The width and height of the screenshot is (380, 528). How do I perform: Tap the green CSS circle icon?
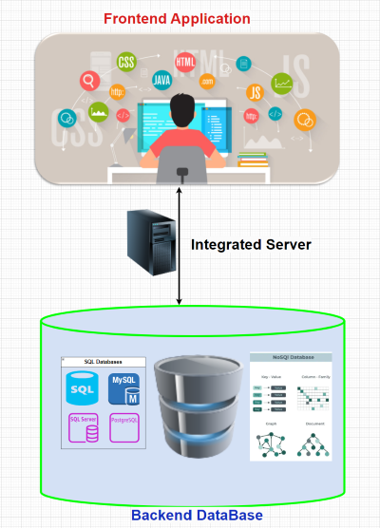[125, 63]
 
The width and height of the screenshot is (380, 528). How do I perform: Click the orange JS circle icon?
[254, 93]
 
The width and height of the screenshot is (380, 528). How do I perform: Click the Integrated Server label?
[251, 244]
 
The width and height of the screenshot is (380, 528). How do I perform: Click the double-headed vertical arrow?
[180, 246]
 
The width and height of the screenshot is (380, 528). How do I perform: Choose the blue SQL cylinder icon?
[84, 389]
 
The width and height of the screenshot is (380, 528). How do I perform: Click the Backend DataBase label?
[196, 515]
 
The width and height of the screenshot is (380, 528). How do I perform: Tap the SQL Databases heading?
[103, 362]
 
